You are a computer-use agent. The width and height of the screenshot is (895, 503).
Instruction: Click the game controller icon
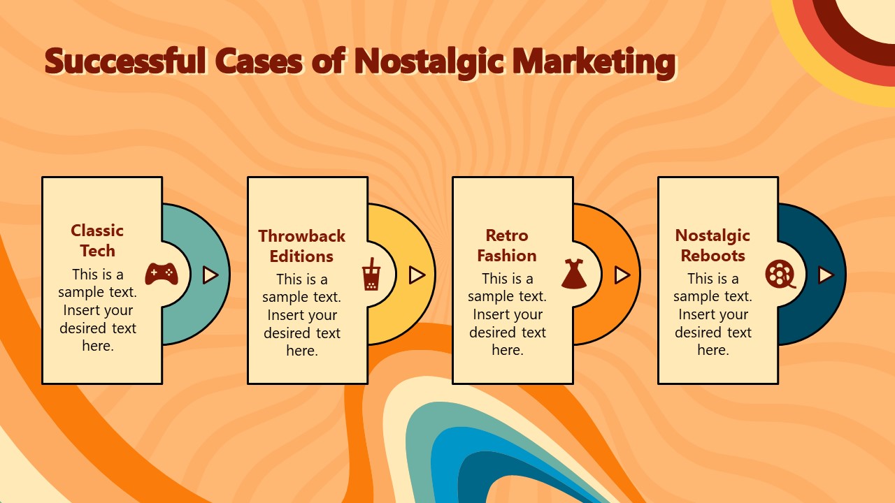pos(161,274)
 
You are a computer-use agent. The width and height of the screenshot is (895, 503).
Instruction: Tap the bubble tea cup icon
pos(369,274)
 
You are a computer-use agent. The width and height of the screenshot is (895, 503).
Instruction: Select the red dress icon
pos(573,274)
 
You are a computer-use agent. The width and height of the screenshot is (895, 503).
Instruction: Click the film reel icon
pos(780,274)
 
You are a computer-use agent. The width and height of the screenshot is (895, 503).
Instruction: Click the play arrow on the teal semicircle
pos(210,275)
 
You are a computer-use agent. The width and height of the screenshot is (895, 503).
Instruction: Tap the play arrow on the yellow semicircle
pos(417,275)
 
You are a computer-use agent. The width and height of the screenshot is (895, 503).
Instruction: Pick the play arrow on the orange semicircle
pos(622,275)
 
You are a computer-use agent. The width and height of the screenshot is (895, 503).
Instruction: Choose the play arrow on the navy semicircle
pos(826,275)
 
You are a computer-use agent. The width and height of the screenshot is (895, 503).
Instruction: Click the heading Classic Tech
pos(97,240)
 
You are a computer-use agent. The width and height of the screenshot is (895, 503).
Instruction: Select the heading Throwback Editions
pos(302,246)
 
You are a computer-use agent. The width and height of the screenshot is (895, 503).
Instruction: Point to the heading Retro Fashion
pos(507,245)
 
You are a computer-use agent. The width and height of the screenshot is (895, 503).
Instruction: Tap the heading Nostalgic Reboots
pos(713,245)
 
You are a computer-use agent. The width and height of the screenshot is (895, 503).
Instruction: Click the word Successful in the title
pos(126,61)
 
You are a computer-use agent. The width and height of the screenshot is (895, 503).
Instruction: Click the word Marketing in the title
pos(594,61)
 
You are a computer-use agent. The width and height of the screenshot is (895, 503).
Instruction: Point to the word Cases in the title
pos(259,61)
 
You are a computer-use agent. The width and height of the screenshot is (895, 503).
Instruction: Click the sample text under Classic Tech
pos(98,309)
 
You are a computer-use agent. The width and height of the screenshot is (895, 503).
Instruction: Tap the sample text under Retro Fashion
pos(508,314)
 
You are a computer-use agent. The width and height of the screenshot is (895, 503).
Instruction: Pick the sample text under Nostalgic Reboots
pos(713,314)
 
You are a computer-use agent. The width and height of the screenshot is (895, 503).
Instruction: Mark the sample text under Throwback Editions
pos(302,314)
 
